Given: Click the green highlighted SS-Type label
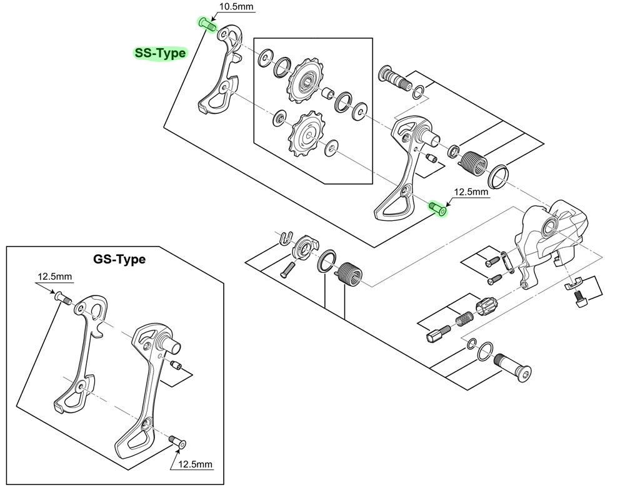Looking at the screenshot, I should click(x=161, y=53).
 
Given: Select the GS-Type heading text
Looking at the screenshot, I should click(x=119, y=259).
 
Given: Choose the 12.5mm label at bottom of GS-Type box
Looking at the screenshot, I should click(x=195, y=464).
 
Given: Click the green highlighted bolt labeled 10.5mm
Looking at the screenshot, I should click(x=206, y=24).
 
